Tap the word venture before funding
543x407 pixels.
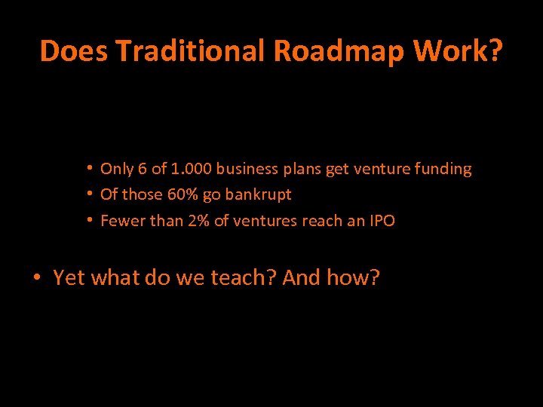(382, 169)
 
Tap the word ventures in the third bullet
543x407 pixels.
(255, 221)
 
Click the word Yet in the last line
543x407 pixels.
(69, 277)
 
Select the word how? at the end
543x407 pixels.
(354, 277)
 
